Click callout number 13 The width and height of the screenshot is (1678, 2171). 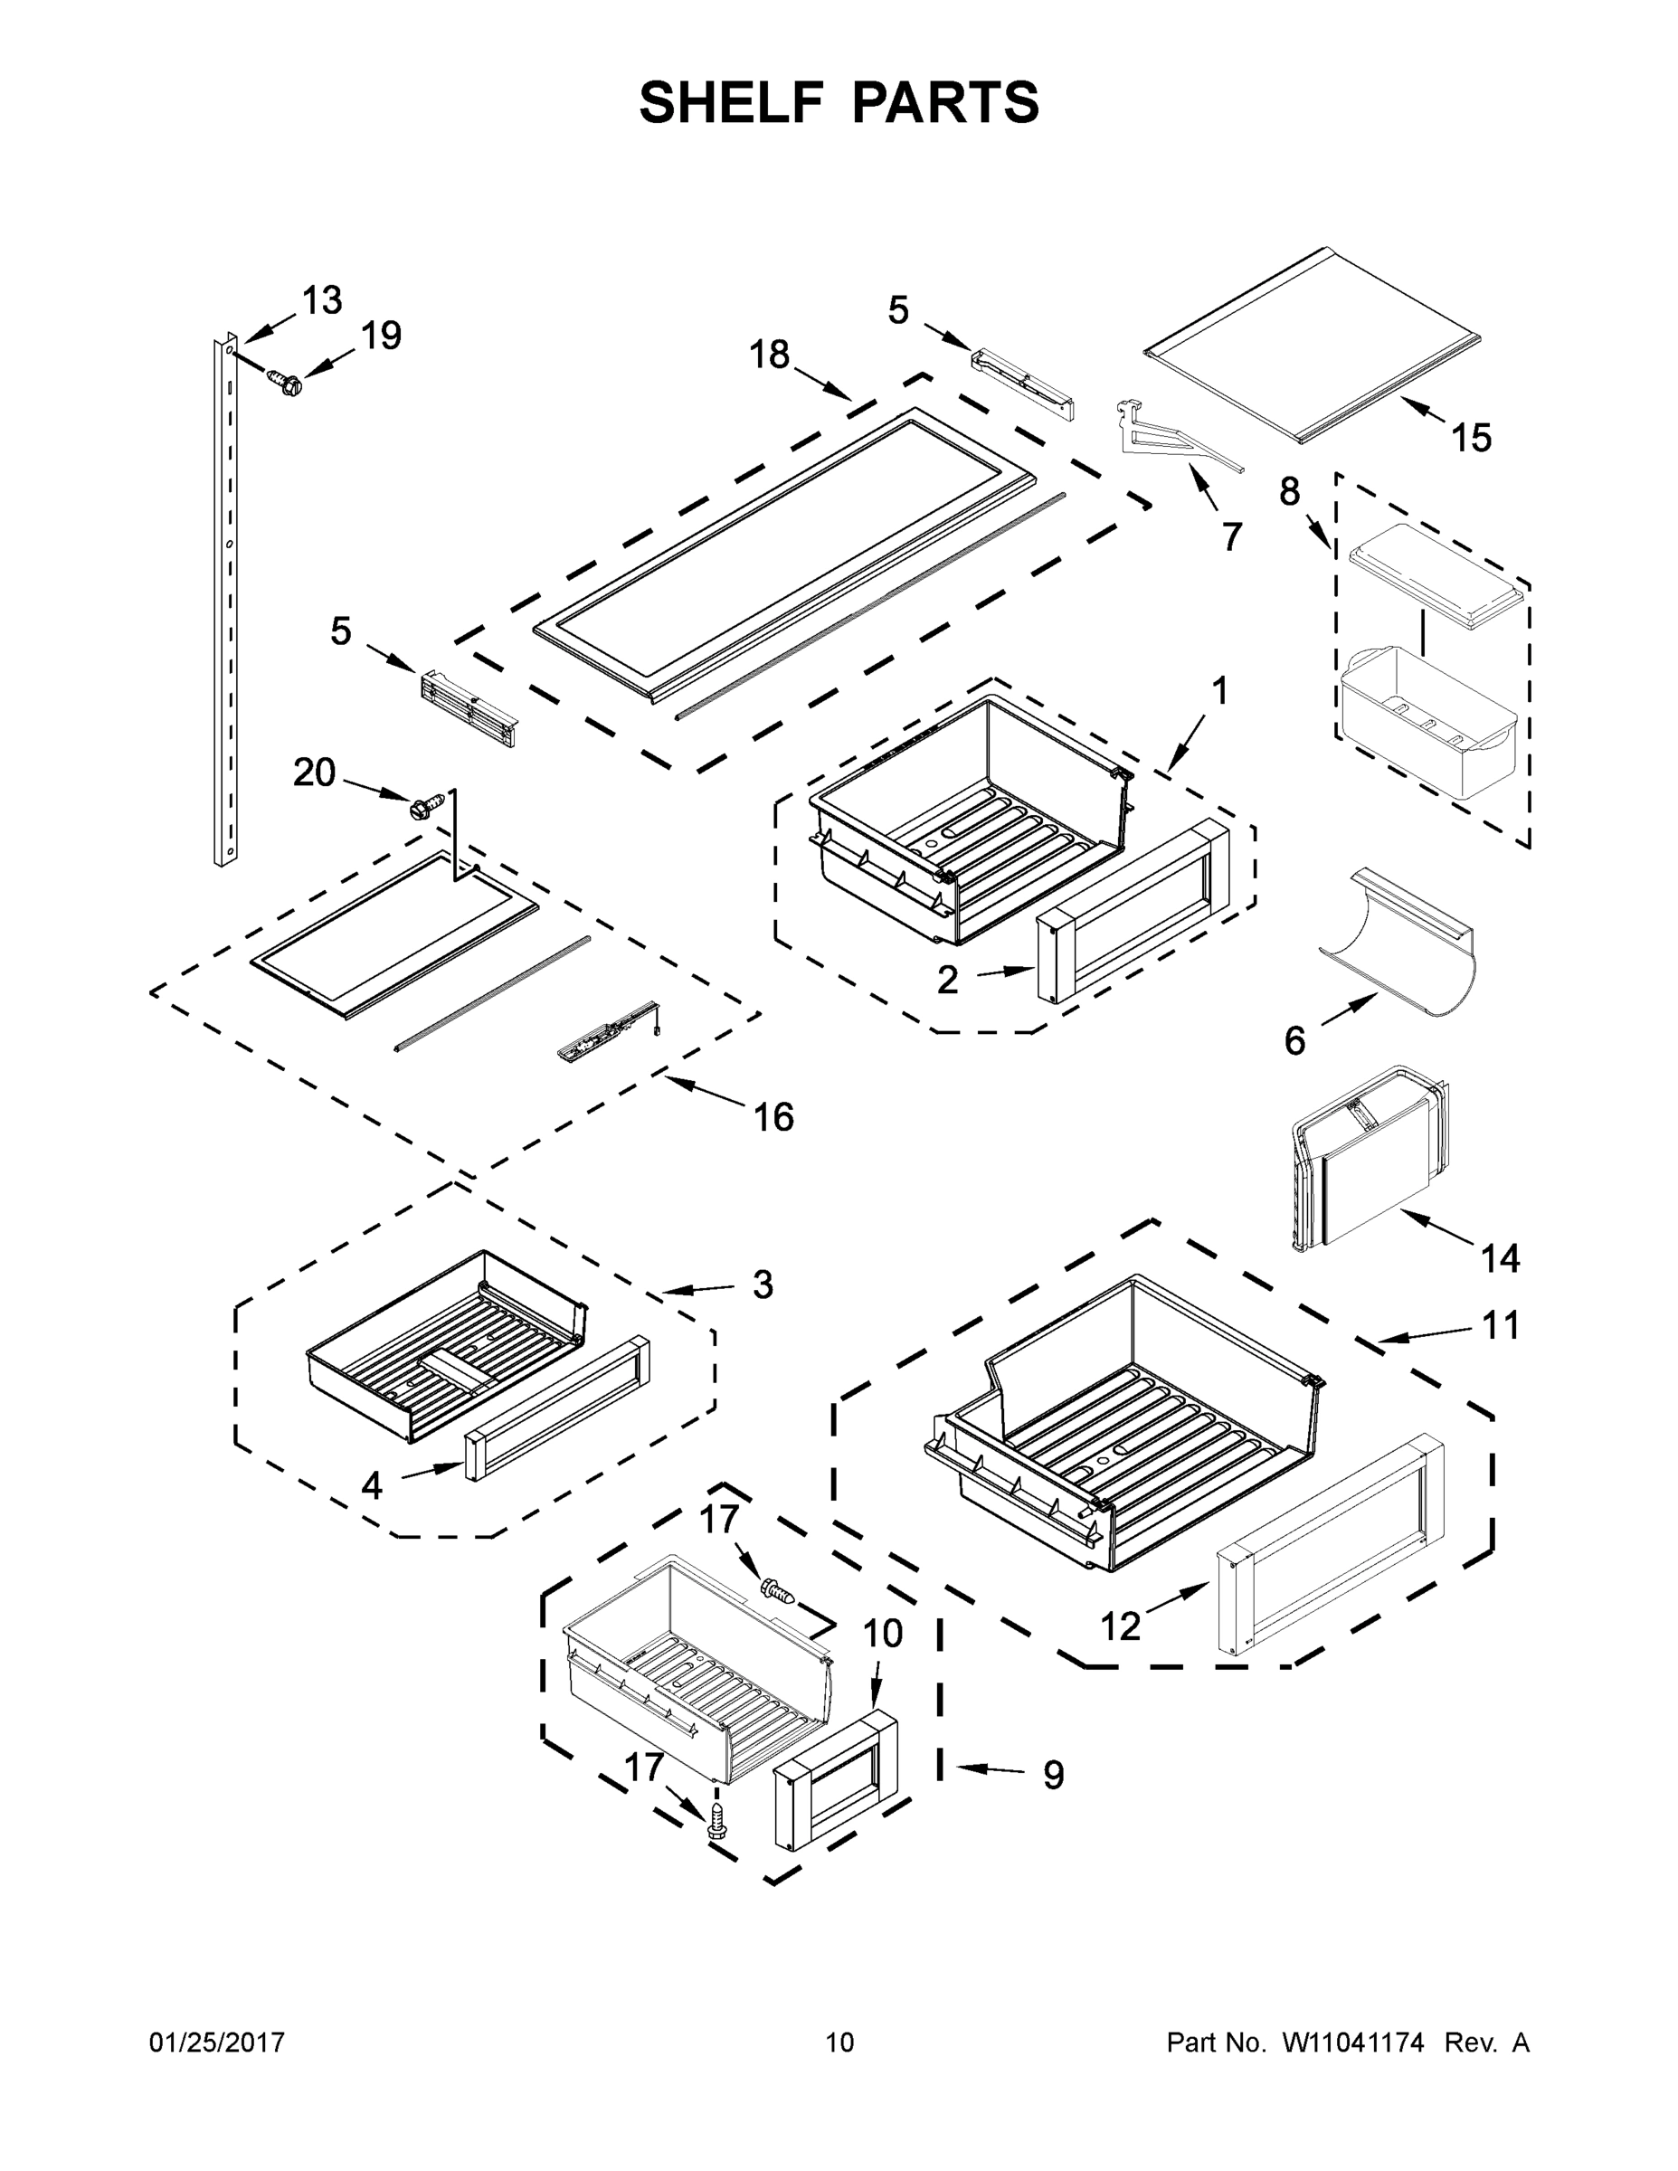coord(321,299)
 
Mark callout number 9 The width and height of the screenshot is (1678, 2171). coord(1054,1775)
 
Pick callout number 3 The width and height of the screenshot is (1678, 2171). coord(762,1285)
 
